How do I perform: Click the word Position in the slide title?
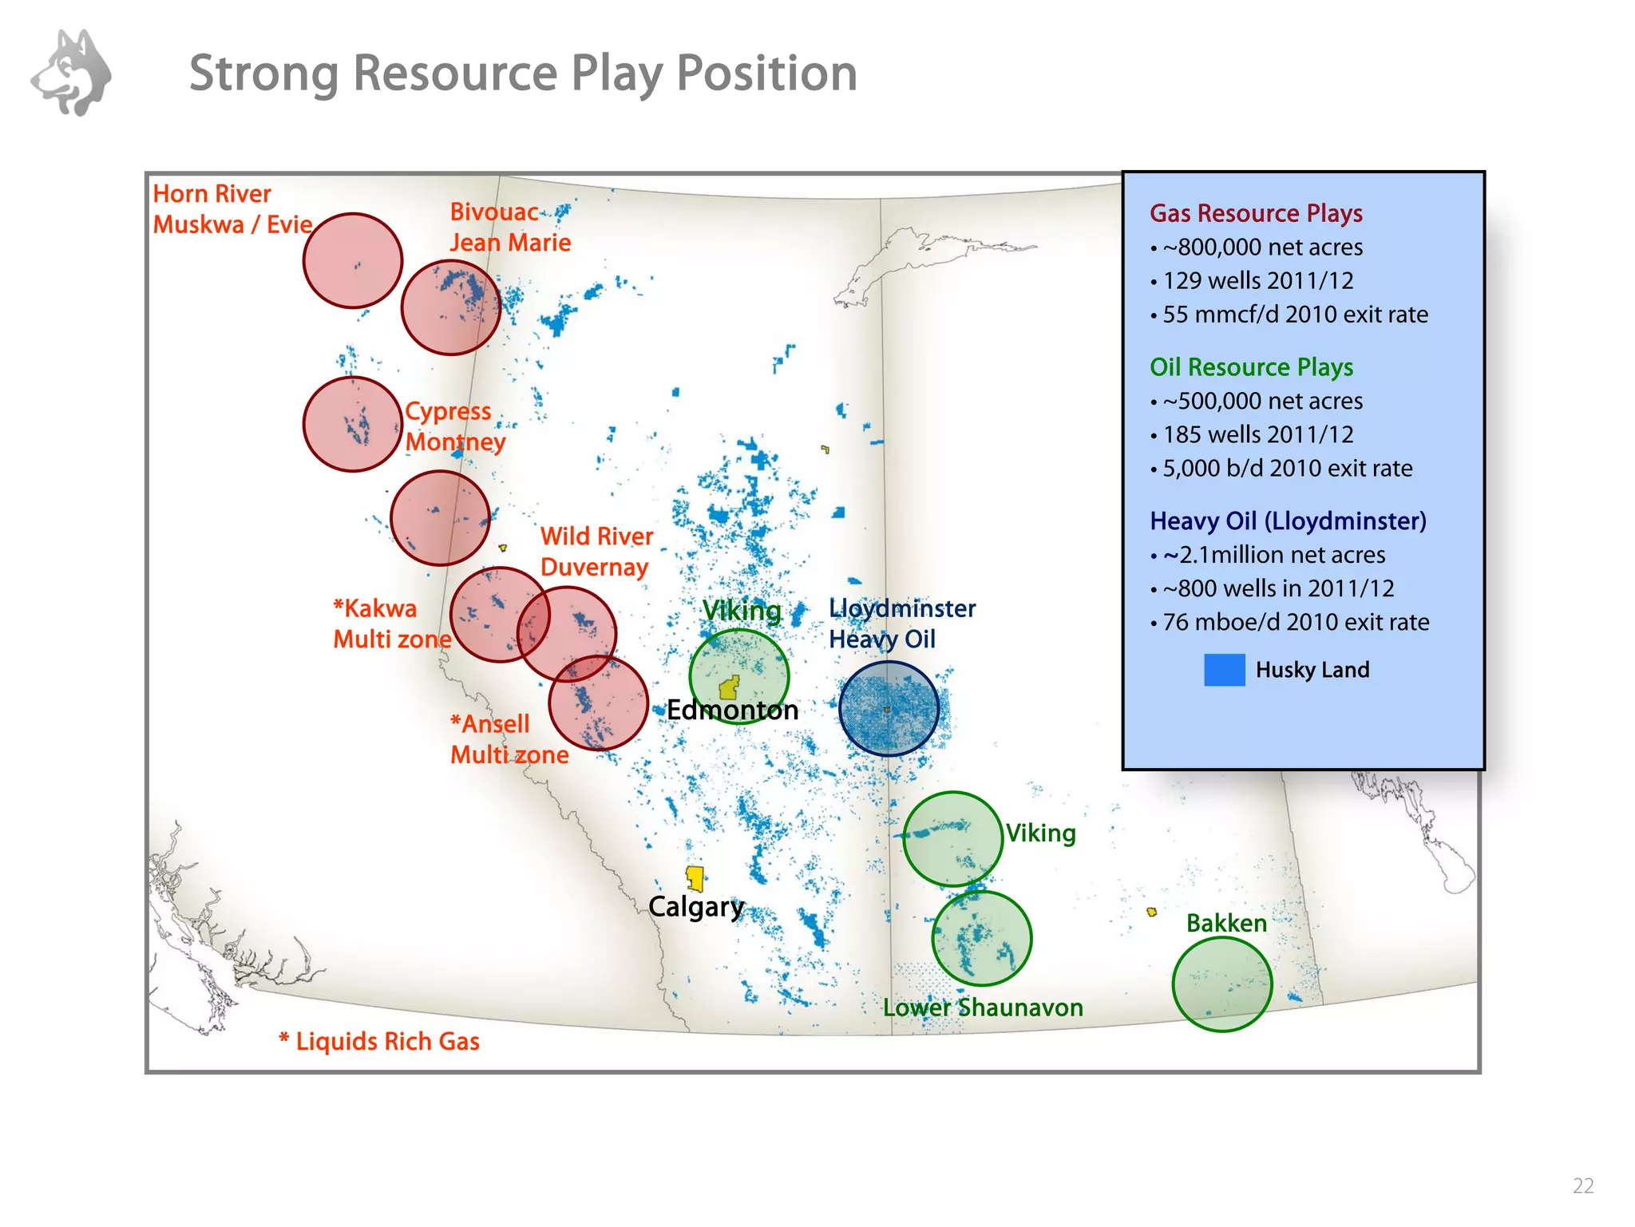[766, 73]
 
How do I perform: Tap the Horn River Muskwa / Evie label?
[232, 209]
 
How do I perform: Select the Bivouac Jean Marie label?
[509, 228]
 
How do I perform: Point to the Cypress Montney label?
[454, 426]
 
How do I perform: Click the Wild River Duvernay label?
[596, 552]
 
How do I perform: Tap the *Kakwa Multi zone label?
[390, 623]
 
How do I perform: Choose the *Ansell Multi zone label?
[509, 739]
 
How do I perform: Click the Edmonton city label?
[732, 710]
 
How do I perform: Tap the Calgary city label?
[695, 907]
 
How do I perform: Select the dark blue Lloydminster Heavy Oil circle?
[889, 709]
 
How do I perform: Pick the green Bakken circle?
[1221, 984]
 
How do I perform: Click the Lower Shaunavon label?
[982, 1007]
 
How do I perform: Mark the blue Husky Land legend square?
[1224, 670]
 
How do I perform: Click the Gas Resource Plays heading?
[1255, 213]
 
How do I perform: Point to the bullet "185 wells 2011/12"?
[1257, 435]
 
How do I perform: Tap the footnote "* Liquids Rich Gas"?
[379, 1042]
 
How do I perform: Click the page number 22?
[1582, 1186]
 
